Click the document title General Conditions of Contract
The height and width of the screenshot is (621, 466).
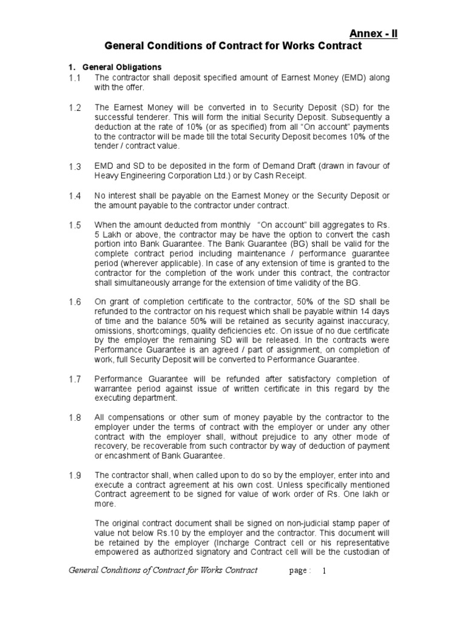click(233, 46)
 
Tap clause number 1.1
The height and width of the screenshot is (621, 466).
click(75, 78)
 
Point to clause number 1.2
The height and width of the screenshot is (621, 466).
click(75, 107)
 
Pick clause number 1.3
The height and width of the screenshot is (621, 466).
click(75, 166)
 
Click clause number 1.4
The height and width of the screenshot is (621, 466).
click(75, 196)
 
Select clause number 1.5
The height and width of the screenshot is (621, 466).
click(75, 225)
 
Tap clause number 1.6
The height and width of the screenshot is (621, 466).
click(75, 302)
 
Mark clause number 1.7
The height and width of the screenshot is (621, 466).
click(75, 379)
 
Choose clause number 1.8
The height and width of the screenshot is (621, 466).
click(75, 418)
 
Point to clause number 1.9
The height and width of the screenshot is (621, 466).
click(75, 475)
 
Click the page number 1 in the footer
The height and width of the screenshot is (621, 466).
click(324, 571)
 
